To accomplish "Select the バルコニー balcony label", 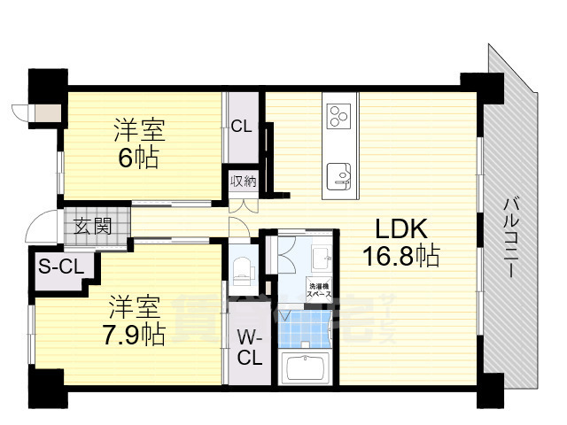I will click(x=512, y=237).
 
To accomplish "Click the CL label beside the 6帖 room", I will click(x=241, y=127).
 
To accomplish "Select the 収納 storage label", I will click(x=244, y=182).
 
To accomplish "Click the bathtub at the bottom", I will click(x=304, y=367).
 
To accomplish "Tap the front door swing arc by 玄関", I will click(x=40, y=229).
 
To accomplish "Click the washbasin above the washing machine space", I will click(x=321, y=259).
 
